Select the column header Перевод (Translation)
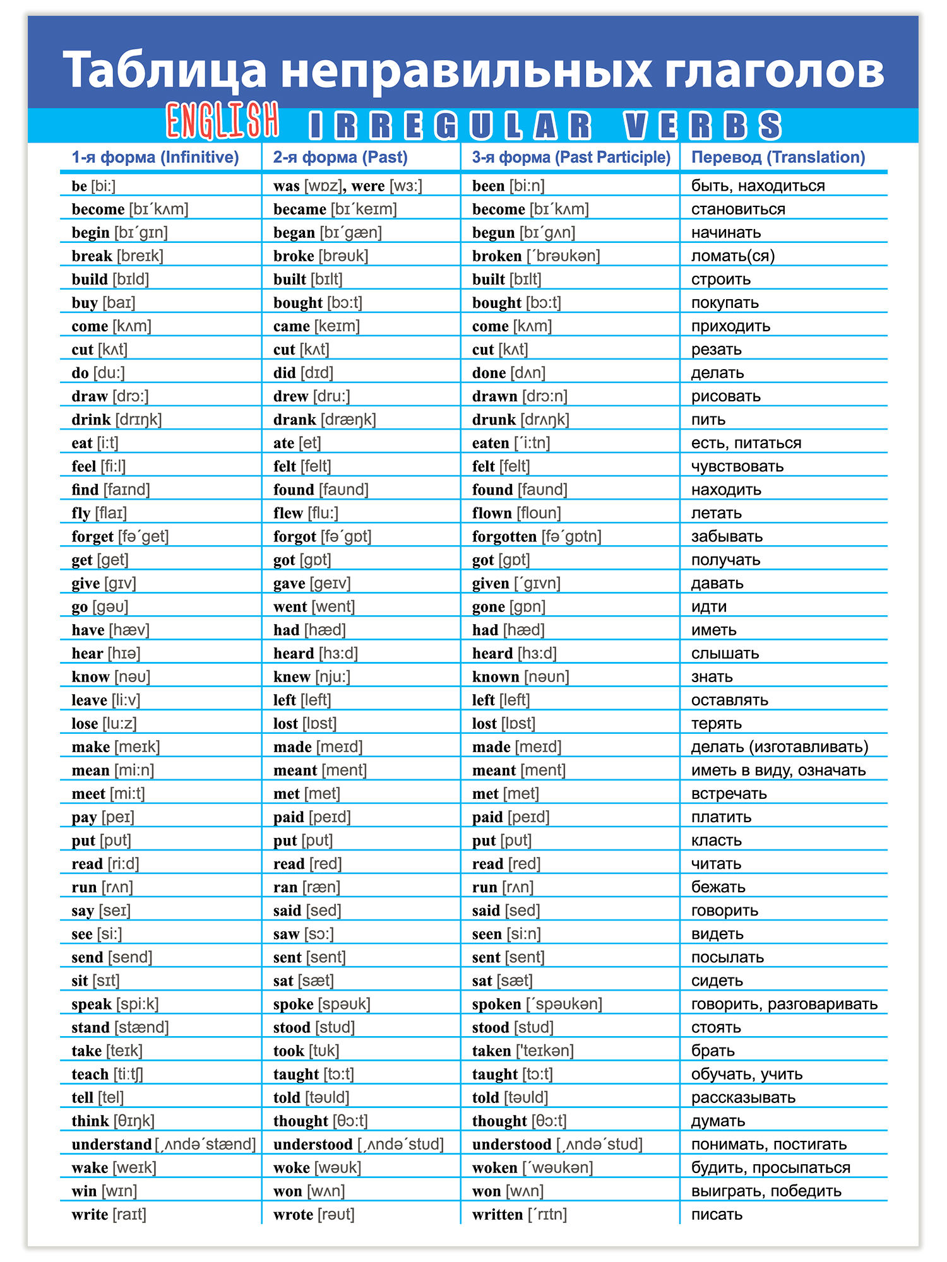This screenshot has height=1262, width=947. pyautogui.click(x=778, y=157)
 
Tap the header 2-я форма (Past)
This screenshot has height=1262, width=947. pyautogui.click(x=340, y=157)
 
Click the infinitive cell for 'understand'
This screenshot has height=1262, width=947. pyautogui.click(x=163, y=1144)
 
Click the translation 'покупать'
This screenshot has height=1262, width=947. pyautogui.click(x=725, y=302)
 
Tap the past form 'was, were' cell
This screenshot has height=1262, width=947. pyautogui.click(x=347, y=186)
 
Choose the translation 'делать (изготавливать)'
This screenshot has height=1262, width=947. pyautogui.click(x=780, y=746)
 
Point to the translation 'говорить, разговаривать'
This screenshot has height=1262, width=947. pyautogui.click(x=784, y=1004)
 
